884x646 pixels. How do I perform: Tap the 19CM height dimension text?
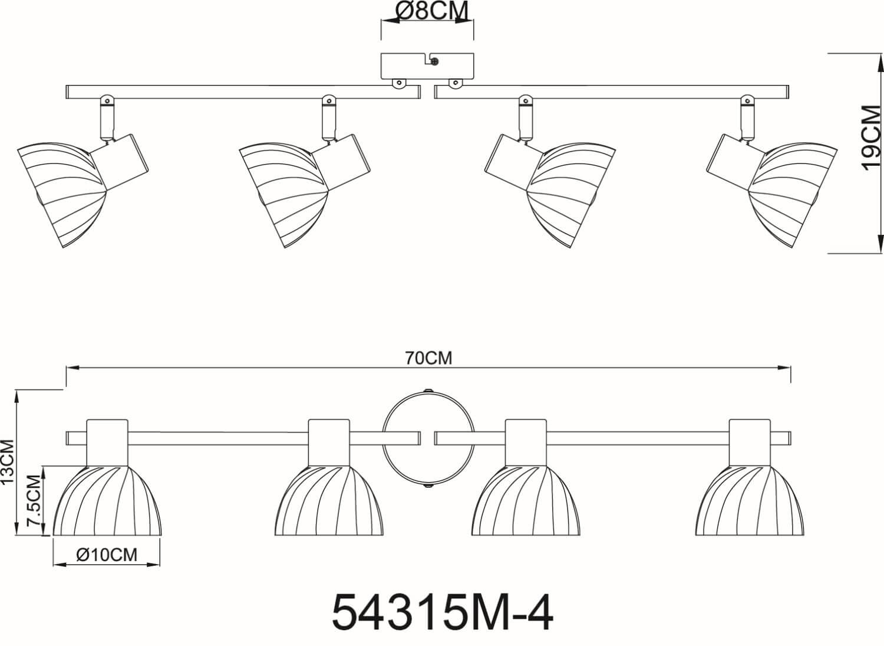coord(871,138)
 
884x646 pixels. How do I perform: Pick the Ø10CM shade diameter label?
coord(107,555)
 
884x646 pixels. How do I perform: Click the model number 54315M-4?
coord(443,614)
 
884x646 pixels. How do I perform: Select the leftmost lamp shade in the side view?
coord(62,195)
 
